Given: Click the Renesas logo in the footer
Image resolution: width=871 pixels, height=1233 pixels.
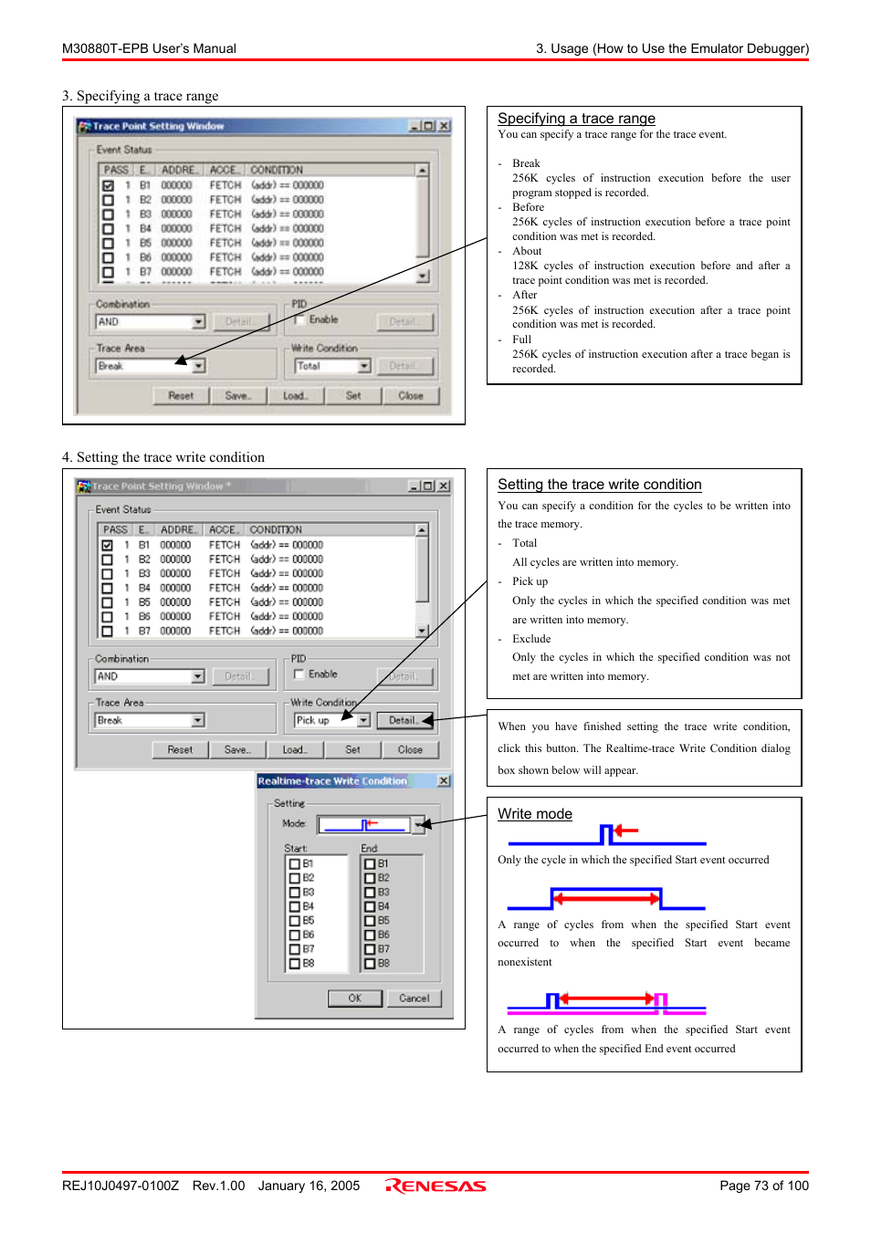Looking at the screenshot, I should (x=435, y=1186).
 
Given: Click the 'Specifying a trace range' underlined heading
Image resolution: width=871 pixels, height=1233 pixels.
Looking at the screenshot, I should (x=576, y=119).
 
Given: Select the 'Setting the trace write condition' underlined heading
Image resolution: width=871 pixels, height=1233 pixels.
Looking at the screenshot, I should (x=599, y=485).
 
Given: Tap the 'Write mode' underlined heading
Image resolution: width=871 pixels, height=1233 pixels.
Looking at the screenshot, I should (x=534, y=814).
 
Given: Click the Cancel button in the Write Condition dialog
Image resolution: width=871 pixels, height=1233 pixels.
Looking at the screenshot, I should (x=414, y=998).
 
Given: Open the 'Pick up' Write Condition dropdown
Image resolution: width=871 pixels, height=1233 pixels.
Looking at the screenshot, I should (x=363, y=721).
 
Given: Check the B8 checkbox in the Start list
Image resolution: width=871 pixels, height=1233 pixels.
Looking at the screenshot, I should (x=295, y=964).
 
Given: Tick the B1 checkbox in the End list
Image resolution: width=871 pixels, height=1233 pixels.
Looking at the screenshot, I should (x=370, y=863).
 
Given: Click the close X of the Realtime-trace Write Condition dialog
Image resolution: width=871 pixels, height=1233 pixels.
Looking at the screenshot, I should (x=444, y=781).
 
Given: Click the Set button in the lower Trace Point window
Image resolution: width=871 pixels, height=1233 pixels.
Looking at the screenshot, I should (x=352, y=750).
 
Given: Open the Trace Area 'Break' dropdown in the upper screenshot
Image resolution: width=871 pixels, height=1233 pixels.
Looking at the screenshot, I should (x=198, y=366).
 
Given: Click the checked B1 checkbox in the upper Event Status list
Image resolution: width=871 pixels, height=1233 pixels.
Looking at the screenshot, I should (x=108, y=185).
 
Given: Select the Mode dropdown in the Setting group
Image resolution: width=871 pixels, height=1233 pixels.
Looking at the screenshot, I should (x=418, y=825).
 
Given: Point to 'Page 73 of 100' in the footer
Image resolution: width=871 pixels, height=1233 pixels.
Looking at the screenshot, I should (x=763, y=1186).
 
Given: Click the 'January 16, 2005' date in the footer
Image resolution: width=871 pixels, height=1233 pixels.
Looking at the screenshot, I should (x=309, y=1186).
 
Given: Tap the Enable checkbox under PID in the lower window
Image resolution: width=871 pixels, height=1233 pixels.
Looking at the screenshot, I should (x=299, y=674).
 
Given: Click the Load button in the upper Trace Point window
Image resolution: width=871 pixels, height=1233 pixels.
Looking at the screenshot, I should (x=295, y=396).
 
